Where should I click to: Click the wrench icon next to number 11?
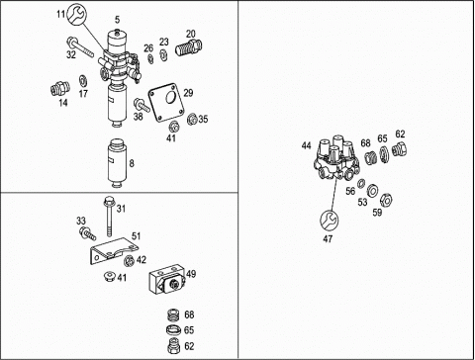[76, 14]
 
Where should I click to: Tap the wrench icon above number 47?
[330, 220]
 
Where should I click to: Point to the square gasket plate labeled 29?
[166, 102]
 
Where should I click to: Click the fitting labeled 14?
[60, 89]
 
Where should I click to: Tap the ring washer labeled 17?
[82, 80]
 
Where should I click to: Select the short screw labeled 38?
[142, 105]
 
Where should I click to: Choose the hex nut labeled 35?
[192, 119]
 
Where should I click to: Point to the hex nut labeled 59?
[386, 200]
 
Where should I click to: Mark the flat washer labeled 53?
[372, 190]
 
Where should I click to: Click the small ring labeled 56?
[361, 183]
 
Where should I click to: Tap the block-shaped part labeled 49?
[168, 279]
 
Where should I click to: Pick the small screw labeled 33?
[87, 233]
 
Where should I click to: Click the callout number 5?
[118, 20]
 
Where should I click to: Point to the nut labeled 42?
[129, 261]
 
